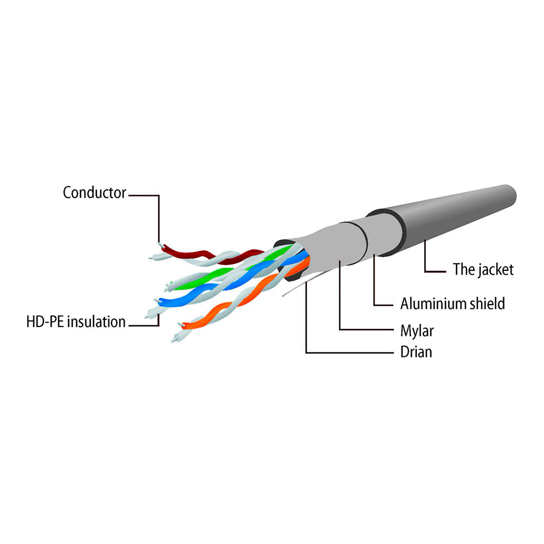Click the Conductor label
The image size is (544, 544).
(94, 193)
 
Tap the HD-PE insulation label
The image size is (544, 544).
(76, 322)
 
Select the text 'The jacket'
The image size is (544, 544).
(483, 270)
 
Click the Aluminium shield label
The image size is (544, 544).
(453, 304)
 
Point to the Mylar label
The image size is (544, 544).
(417, 331)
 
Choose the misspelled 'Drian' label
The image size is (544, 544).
(416, 352)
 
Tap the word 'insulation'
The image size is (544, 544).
(96, 322)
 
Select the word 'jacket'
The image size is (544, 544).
(494, 270)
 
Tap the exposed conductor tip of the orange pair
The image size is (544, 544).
(180, 325)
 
